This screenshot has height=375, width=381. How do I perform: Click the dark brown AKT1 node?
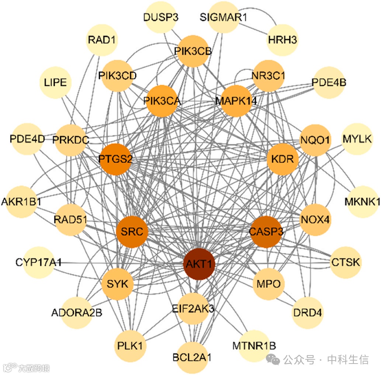(x=199, y=264)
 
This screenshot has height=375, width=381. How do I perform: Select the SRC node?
(x=132, y=232)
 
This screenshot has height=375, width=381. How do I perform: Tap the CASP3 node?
(x=266, y=232)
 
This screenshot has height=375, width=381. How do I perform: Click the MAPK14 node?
(x=236, y=100)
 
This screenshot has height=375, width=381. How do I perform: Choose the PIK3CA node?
(x=162, y=100)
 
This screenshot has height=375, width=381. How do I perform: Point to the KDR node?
(x=282, y=159)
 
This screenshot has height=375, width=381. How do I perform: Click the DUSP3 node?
(x=158, y=17)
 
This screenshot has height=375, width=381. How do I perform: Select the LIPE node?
(x=55, y=82)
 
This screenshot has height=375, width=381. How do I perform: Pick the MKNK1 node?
(x=362, y=202)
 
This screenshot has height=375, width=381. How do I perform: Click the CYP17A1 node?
(x=39, y=262)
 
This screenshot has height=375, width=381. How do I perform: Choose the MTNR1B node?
(x=254, y=346)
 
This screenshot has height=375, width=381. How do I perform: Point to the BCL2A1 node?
(x=192, y=358)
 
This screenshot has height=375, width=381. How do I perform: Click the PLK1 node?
(x=132, y=346)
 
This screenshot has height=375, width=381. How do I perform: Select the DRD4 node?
(x=307, y=313)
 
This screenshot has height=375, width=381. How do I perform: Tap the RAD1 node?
(x=102, y=40)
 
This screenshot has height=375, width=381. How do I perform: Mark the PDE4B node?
(x=329, y=82)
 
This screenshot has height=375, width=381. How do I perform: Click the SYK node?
(x=117, y=284)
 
